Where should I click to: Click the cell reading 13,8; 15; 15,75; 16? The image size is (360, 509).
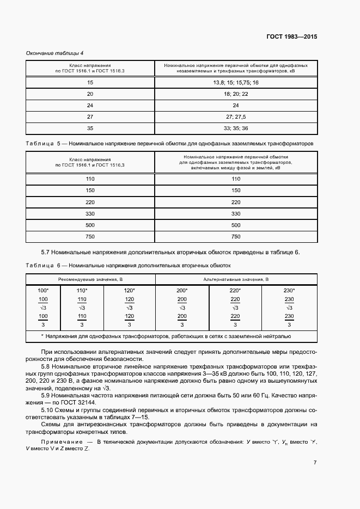click(235, 82)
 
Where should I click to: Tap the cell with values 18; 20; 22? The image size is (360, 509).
click(235, 94)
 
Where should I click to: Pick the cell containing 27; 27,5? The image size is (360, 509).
click(235, 116)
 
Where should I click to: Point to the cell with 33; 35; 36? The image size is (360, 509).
click(235, 128)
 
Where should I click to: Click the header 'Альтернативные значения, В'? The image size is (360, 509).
click(235, 279)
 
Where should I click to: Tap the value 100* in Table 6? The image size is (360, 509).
click(44, 290)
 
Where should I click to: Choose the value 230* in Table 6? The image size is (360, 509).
click(290, 290)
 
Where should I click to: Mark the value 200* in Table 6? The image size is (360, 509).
click(182, 290)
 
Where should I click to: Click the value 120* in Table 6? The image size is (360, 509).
click(130, 290)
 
